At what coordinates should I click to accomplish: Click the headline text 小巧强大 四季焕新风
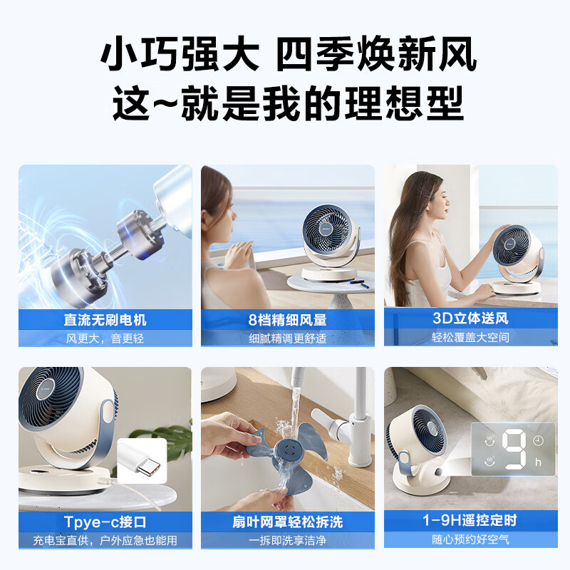pos(288,55)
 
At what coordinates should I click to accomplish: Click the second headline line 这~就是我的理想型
pos(288,103)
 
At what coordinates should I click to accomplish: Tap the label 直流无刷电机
pos(105,320)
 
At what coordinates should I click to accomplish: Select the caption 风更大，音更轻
pos(105,338)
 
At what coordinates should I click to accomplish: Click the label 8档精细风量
pos(288,320)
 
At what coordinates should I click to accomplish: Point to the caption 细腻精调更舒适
pos(288,338)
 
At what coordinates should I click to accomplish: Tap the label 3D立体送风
pos(470,318)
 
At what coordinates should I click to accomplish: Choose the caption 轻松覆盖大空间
pos(470,338)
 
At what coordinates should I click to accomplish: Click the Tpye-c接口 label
pos(105,522)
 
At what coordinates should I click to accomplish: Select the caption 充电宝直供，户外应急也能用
pos(105,540)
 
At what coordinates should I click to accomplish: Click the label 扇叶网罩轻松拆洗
pos(288,522)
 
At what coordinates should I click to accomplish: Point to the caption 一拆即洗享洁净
pos(288,540)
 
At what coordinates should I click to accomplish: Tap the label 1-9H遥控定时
pos(470,520)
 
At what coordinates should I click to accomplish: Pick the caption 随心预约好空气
pos(470,540)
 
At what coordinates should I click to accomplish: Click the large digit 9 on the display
pos(514,450)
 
